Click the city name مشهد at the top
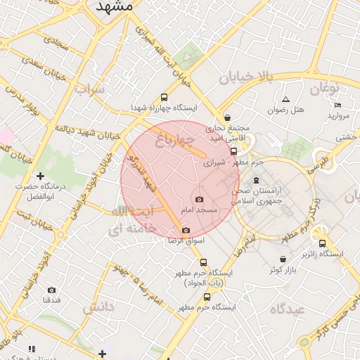pos(112,6)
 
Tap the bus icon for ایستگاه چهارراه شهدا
pos(165,98)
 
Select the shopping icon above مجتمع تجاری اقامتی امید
pos(226,117)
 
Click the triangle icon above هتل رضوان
pos(285,98)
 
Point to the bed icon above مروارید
pos(338,105)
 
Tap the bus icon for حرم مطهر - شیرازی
pos(234,151)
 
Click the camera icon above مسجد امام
pos(198,200)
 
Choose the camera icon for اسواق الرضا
pos(186,230)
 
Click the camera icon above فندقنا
pos(51,290)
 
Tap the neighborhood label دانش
pos(98,307)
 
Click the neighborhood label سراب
pos(90,89)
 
